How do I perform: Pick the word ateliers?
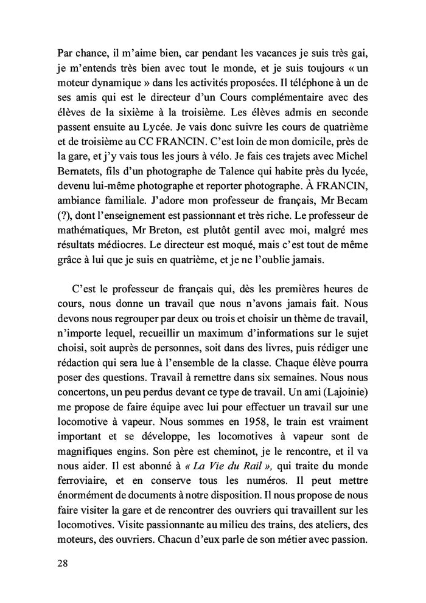coord(349,517)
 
